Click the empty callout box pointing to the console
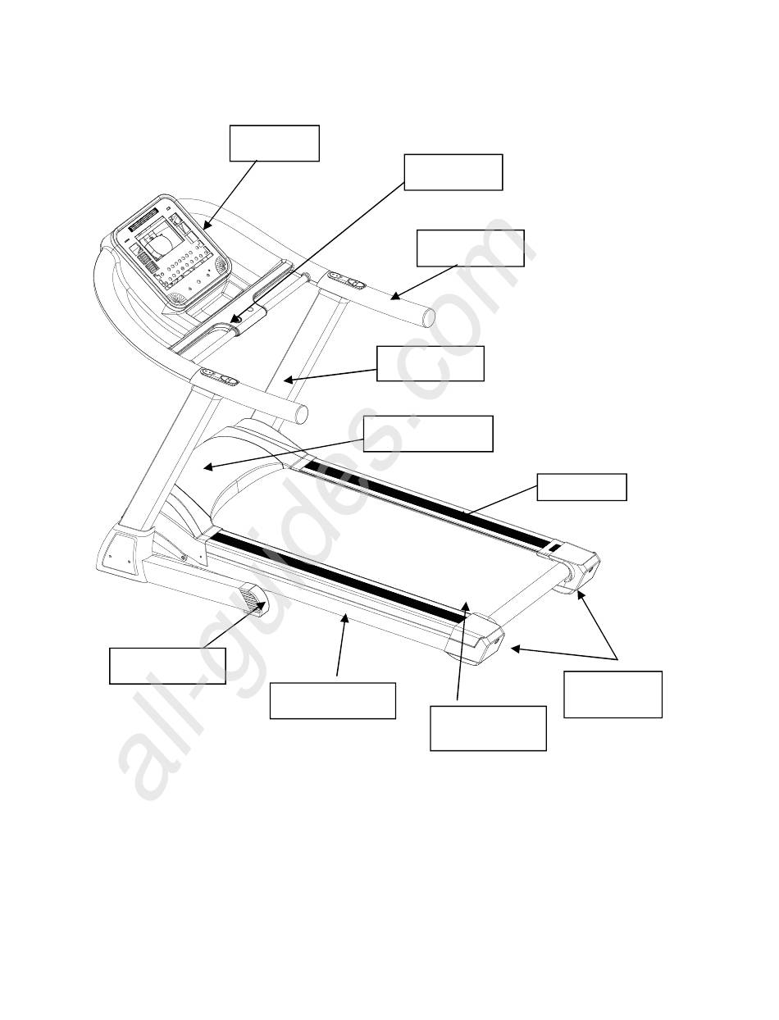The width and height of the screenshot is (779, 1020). pyautogui.click(x=274, y=143)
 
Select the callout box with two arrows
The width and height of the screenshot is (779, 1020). pyautogui.click(x=613, y=694)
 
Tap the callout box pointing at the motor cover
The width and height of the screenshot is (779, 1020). pyautogui.click(x=428, y=433)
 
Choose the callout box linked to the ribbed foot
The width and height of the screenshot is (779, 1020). pyautogui.click(x=167, y=665)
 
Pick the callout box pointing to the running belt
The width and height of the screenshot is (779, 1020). pyautogui.click(x=488, y=728)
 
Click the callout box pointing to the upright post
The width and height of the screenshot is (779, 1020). pyautogui.click(x=430, y=363)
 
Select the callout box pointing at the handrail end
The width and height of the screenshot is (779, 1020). pyautogui.click(x=470, y=248)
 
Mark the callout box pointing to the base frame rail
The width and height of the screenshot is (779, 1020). pyautogui.click(x=332, y=700)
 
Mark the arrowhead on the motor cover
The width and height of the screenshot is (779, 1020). pyautogui.click(x=207, y=467)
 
